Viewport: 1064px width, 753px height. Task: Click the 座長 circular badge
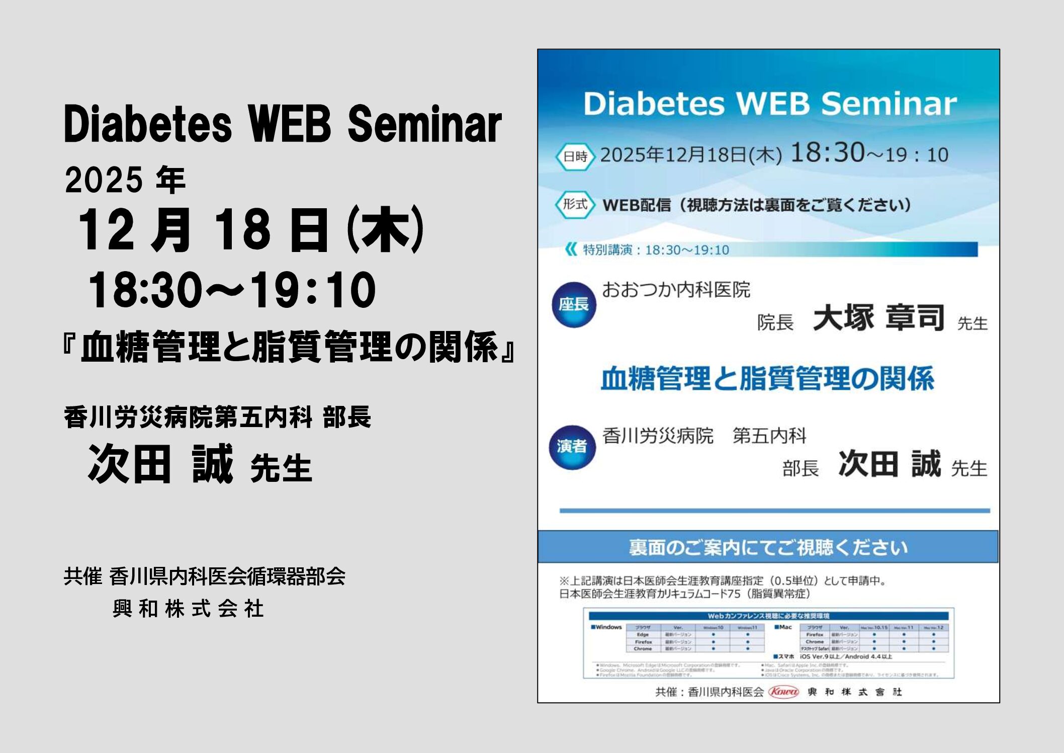tap(574, 304)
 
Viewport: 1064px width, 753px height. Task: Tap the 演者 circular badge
tap(572, 447)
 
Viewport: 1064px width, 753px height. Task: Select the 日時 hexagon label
tap(575, 156)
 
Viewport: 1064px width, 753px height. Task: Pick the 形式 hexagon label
tap(575, 204)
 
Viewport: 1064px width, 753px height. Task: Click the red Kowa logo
tap(783, 692)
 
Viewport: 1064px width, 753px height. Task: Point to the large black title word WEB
tap(289, 124)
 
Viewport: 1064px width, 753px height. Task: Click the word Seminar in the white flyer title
tap(889, 104)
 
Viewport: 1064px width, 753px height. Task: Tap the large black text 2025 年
tap(125, 180)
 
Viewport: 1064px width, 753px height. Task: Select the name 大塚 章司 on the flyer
tap(878, 318)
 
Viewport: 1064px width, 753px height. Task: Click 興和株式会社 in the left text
tap(188, 609)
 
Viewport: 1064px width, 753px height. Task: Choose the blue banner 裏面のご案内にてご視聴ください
tap(768, 547)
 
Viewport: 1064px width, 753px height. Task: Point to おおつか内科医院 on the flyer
tap(676, 290)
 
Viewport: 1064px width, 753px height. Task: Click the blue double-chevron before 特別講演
tap(571, 249)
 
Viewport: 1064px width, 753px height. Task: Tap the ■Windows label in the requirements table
tap(606, 627)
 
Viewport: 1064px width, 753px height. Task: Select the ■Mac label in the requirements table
tap(783, 627)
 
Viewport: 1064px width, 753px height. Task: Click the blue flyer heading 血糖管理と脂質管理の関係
tap(767, 378)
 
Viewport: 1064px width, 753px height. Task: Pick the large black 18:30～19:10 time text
tap(232, 290)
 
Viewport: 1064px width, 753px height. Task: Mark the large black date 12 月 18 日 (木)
tap(251, 230)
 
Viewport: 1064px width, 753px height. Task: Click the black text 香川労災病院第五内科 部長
tap(217, 417)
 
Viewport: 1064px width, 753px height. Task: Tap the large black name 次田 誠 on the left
tap(160, 464)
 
